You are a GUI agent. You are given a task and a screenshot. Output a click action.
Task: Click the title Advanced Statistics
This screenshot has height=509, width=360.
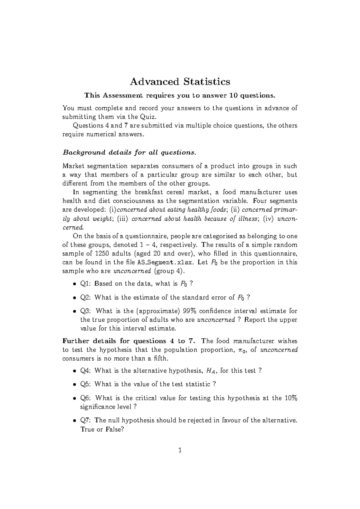[180, 82]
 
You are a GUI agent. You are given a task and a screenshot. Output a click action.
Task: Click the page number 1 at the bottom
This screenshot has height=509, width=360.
[180, 450]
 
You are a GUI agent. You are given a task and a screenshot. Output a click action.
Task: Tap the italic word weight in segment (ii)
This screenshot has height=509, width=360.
[103, 219]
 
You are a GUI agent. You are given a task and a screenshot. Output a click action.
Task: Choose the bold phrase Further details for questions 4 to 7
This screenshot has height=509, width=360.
[129, 341]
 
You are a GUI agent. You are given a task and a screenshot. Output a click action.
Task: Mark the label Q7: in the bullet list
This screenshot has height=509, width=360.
[86, 420]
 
